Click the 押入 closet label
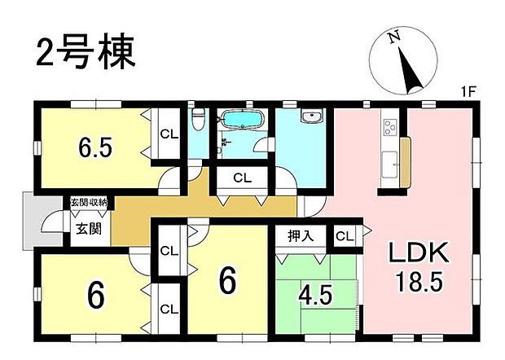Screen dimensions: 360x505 pos(299,235)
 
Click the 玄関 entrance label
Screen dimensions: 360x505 pos(89,229)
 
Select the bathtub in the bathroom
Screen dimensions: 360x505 pos(240,121)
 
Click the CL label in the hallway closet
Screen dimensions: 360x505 pos(241,178)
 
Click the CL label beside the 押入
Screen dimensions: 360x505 pos(345,236)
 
